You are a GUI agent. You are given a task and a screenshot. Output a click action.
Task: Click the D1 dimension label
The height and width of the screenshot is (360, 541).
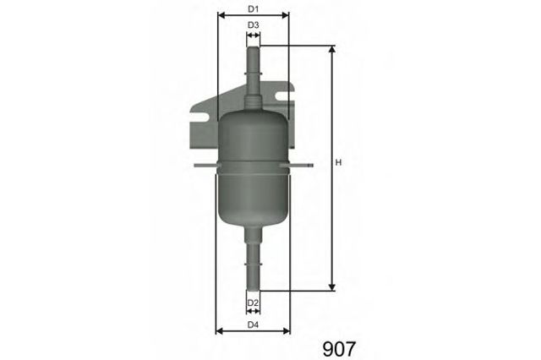pyautogui.click(x=253, y=9)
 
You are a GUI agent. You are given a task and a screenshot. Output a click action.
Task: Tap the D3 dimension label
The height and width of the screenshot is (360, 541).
pyautogui.click(x=253, y=26)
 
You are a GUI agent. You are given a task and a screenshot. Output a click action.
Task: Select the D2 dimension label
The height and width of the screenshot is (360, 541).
pyautogui.click(x=253, y=303)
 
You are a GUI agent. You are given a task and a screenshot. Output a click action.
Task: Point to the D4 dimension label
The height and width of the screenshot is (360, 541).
pyautogui.click(x=253, y=325)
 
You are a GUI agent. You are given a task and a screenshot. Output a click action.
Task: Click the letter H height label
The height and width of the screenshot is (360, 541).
pyautogui.click(x=337, y=163)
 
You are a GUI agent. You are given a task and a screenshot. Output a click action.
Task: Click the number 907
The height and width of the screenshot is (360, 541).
pyautogui.click(x=341, y=346)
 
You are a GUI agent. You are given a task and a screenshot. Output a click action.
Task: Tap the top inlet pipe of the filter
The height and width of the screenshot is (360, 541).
pyautogui.click(x=253, y=63)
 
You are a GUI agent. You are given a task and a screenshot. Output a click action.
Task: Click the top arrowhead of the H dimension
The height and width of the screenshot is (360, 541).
pyautogui.click(x=332, y=49)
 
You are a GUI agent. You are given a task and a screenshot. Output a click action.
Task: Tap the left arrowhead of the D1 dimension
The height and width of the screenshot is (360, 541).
pyautogui.click(x=221, y=15)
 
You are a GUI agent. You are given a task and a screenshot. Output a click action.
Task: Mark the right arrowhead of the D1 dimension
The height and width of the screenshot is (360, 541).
pyautogui.click(x=286, y=15)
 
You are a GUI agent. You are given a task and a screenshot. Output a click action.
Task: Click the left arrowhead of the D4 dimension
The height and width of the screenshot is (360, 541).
pyautogui.click(x=221, y=330)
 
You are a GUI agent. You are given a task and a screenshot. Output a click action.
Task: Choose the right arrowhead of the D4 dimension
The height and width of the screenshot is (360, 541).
pyautogui.click(x=286, y=330)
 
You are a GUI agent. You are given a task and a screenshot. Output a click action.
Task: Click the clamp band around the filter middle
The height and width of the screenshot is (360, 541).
pyautogui.click(x=253, y=167)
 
